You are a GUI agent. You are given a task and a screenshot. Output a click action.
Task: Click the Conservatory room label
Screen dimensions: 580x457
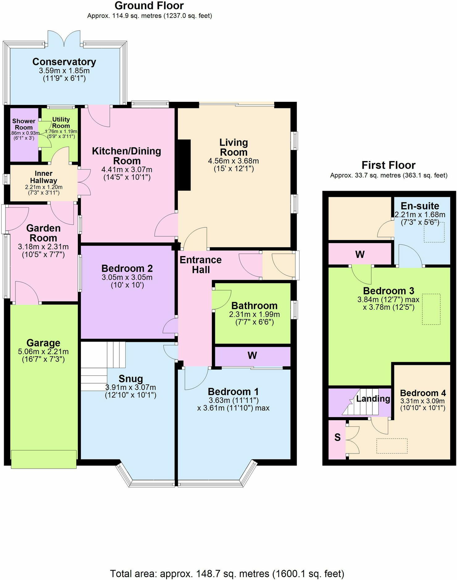click(64, 62)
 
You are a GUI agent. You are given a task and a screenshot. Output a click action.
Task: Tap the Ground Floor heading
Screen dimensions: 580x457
click(149, 6)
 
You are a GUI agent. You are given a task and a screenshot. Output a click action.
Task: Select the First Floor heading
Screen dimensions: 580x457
click(388, 165)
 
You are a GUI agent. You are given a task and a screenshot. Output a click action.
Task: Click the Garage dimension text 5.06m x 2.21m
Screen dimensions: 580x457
click(43, 351)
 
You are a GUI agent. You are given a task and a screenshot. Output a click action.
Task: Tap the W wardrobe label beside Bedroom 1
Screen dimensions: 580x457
click(252, 355)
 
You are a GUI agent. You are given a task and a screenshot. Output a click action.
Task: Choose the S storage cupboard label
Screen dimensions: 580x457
click(338, 437)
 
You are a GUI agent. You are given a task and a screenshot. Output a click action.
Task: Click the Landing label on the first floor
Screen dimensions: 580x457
click(373, 399)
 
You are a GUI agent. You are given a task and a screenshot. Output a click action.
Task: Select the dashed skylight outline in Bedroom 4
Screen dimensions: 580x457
click(392, 446)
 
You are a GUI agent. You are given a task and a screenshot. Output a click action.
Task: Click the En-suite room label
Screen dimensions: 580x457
click(420, 206)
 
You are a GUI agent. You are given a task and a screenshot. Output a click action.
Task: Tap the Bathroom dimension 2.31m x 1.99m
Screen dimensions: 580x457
click(254, 314)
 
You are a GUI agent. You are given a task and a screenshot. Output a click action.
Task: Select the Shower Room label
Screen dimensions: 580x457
click(24, 124)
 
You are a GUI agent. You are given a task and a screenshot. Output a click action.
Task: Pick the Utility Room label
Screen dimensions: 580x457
click(61, 122)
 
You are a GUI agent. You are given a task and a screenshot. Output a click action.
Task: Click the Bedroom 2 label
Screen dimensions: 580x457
click(127, 268)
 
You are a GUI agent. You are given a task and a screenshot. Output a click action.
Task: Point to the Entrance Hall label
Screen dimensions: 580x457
click(201, 265)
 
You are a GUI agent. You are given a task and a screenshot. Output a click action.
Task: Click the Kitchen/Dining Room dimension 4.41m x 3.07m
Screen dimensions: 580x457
click(127, 169)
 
